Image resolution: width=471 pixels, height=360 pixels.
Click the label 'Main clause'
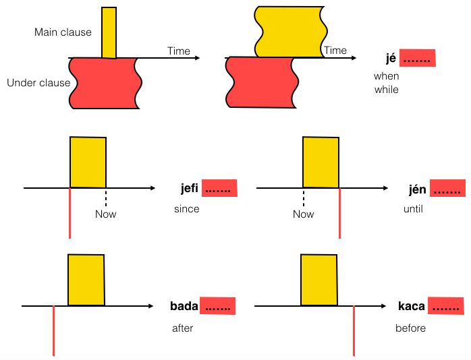click(x=63, y=32)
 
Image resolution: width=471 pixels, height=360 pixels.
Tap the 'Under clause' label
click(x=38, y=83)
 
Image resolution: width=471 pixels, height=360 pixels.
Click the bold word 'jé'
click(x=390, y=59)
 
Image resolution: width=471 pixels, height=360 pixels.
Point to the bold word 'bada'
click(x=184, y=306)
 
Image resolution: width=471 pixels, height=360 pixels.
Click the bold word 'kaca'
click(x=412, y=306)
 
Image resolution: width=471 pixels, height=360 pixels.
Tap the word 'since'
click(x=186, y=209)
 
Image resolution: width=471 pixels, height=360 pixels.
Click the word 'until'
click(x=413, y=209)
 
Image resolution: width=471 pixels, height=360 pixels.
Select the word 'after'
click(x=183, y=328)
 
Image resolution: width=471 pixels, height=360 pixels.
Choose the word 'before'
click(x=410, y=328)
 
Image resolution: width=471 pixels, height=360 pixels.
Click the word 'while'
click(x=387, y=90)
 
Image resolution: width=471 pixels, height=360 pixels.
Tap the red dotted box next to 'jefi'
click(x=219, y=189)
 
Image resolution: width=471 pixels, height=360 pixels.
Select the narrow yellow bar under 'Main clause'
click(x=109, y=32)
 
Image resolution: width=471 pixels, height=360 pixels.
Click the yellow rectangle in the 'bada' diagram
click(x=86, y=280)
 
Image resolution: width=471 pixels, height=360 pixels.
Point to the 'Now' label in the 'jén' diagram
click(x=303, y=214)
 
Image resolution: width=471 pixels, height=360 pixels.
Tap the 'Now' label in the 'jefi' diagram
click(x=105, y=214)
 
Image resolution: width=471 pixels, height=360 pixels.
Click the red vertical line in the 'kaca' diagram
click(x=354, y=330)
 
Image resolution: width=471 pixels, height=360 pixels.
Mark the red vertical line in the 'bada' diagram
click(x=53, y=330)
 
